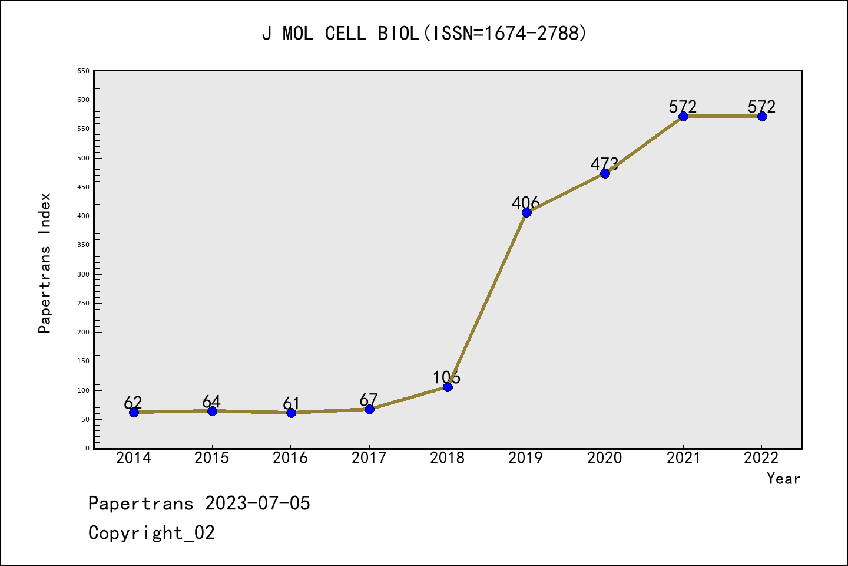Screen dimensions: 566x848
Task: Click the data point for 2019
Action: pyautogui.click(x=526, y=212)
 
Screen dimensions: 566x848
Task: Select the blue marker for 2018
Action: pyautogui.click(x=448, y=387)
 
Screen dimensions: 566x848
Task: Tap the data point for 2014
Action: pyautogui.click(x=134, y=412)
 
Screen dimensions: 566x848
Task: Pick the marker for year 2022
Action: pyautogui.click(x=762, y=116)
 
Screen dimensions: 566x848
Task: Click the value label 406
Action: pyautogui.click(x=525, y=203)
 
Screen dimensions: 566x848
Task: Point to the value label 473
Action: pyautogui.click(x=604, y=164)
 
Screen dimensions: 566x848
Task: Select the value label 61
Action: pyautogui.click(x=291, y=403)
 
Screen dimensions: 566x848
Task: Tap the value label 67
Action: pyautogui.click(x=368, y=400)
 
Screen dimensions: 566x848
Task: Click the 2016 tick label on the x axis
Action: pyautogui.click(x=290, y=458)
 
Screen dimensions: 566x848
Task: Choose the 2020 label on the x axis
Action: pyautogui.click(x=604, y=458)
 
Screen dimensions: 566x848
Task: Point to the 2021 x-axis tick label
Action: pyautogui.click(x=683, y=458)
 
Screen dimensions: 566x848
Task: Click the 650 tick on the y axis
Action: pyautogui.click(x=83, y=71)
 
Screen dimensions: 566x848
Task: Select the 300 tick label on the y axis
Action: pyautogui.click(x=83, y=274)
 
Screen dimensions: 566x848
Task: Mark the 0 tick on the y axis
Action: pyautogui.click(x=87, y=448)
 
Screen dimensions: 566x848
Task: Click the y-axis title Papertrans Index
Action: pyautogui.click(x=45, y=263)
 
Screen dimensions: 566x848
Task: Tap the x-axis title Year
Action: pyautogui.click(x=783, y=479)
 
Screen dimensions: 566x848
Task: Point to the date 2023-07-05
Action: pyautogui.click(x=257, y=504)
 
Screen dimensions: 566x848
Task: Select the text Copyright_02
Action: pyautogui.click(x=151, y=533)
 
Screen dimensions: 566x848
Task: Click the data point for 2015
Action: pyautogui.click(x=212, y=411)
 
